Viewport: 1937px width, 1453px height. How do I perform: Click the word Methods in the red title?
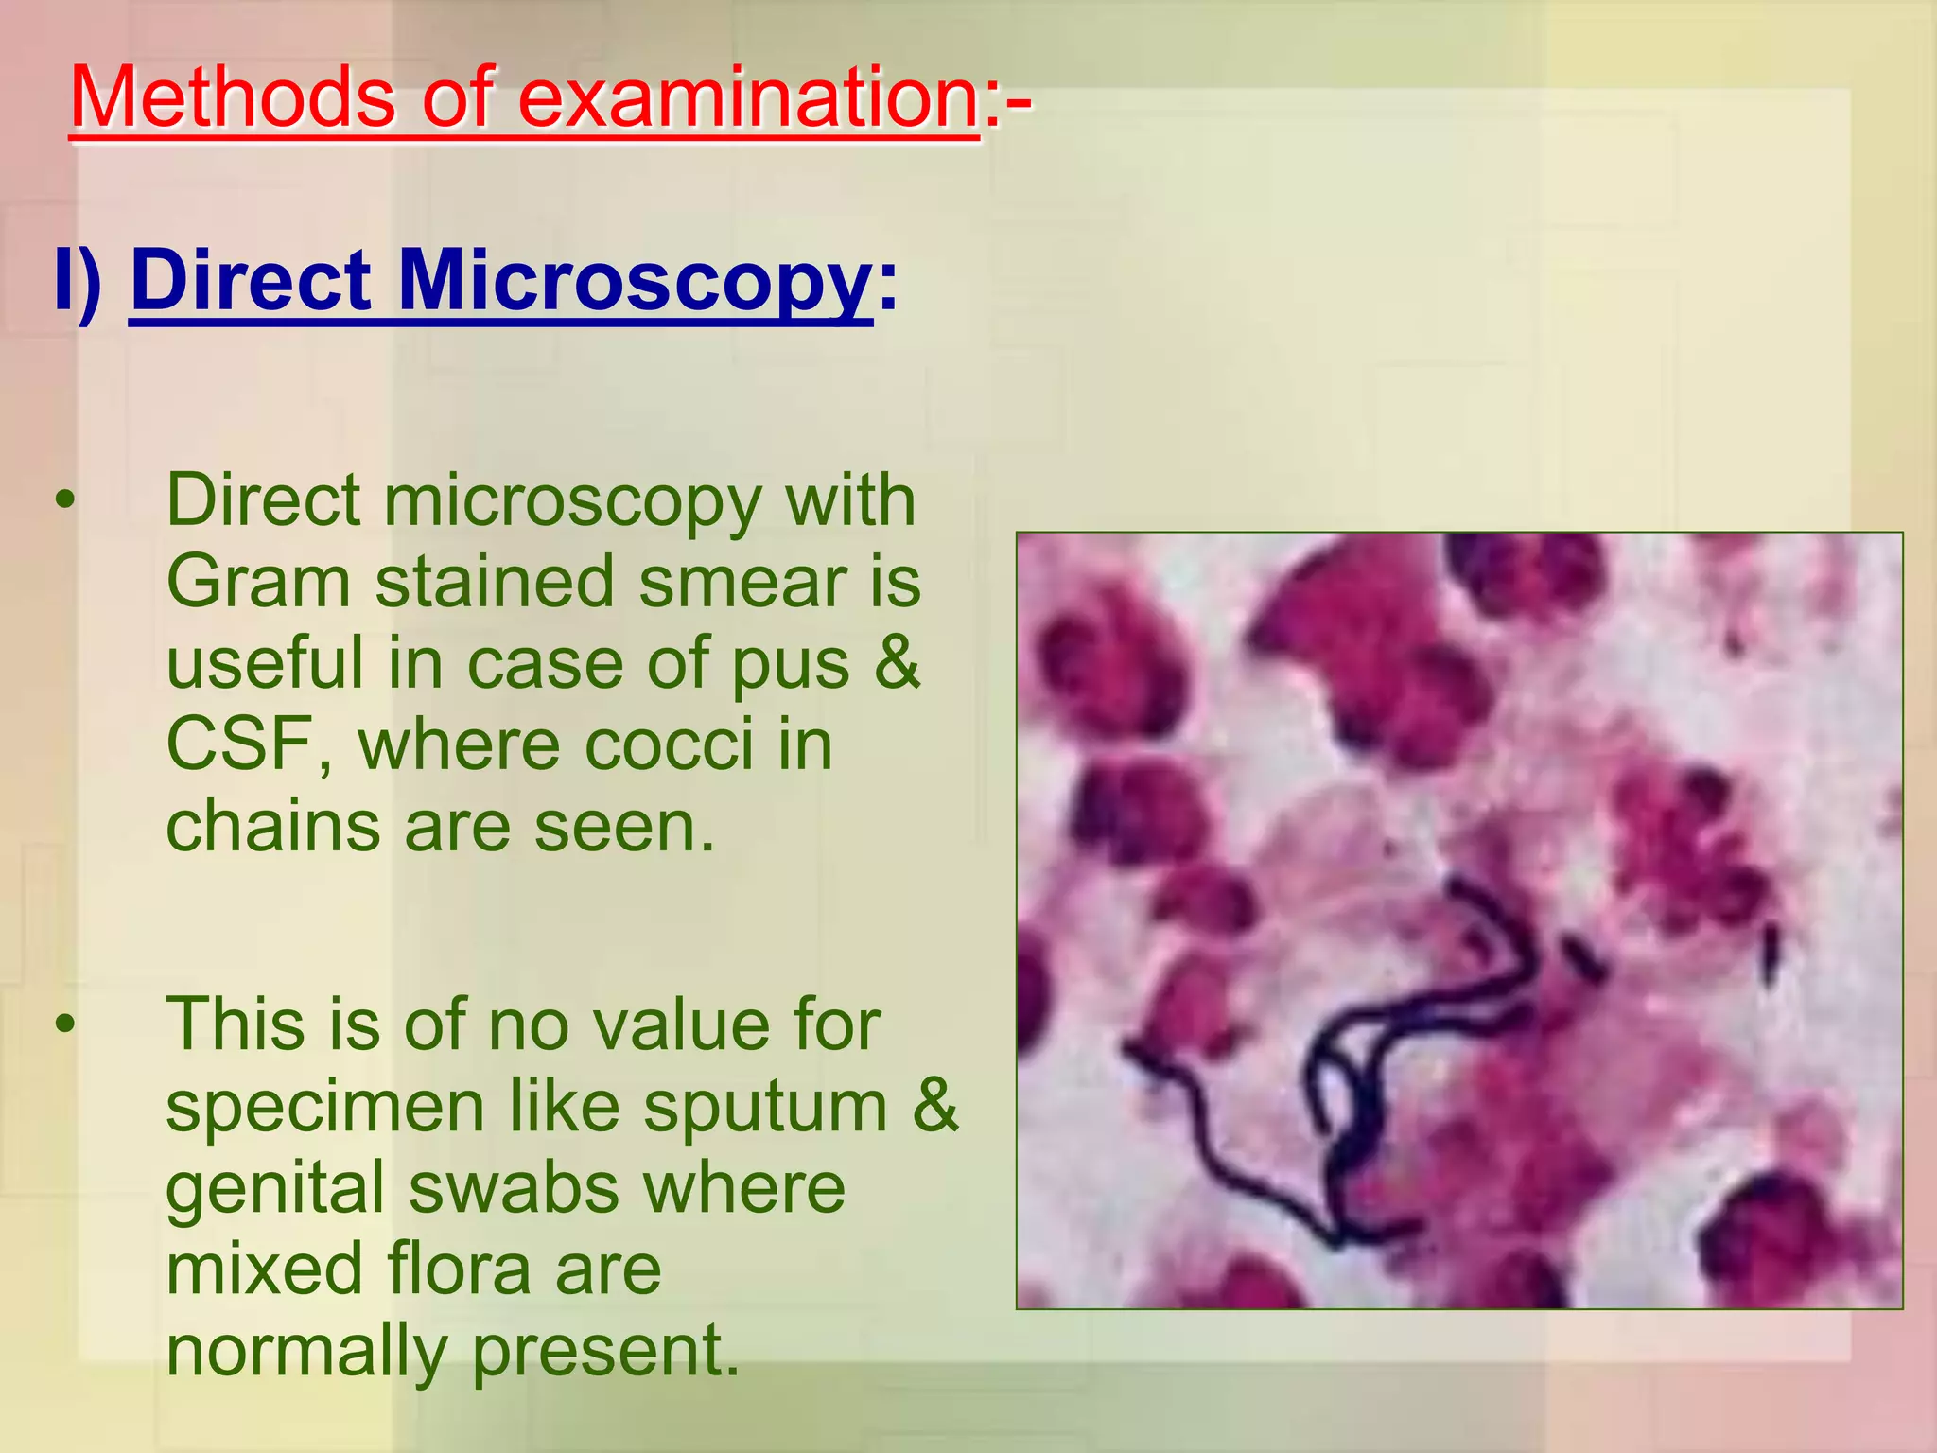[x=233, y=98]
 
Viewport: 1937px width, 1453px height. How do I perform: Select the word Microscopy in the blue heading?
[x=635, y=282]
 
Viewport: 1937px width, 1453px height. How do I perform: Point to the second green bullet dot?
[x=64, y=1024]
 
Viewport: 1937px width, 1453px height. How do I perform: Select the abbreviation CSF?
[x=246, y=745]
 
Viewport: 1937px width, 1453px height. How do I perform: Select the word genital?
[x=274, y=1189]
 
